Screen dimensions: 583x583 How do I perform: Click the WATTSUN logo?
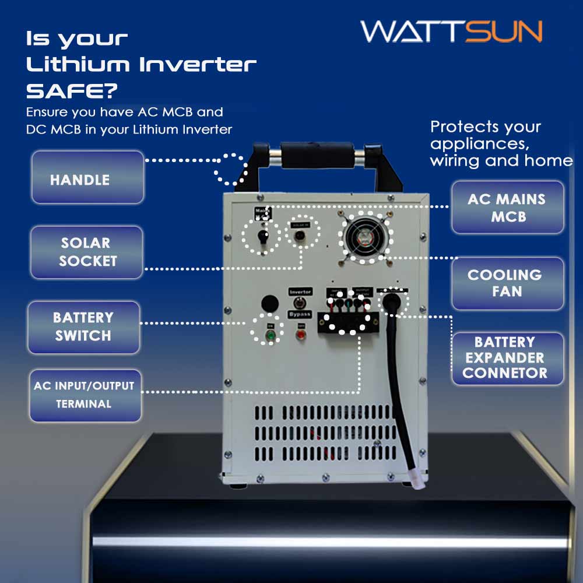click(x=451, y=31)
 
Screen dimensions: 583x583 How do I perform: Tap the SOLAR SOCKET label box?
click(x=86, y=252)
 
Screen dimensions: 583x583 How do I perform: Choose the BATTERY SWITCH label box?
click(x=85, y=326)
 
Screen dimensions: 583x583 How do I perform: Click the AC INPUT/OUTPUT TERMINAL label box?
click(x=85, y=395)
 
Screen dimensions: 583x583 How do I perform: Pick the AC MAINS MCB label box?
click(x=507, y=207)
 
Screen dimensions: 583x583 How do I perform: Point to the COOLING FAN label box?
click(x=507, y=283)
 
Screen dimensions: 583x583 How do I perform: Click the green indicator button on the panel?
click(x=270, y=336)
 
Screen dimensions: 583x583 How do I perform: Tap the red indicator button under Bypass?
click(x=301, y=335)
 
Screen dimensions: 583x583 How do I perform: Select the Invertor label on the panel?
click(x=301, y=291)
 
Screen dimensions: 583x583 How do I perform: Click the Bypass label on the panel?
click(x=300, y=314)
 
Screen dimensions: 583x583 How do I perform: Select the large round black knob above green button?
click(x=269, y=303)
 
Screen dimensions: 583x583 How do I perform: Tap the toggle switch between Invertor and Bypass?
click(x=301, y=303)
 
